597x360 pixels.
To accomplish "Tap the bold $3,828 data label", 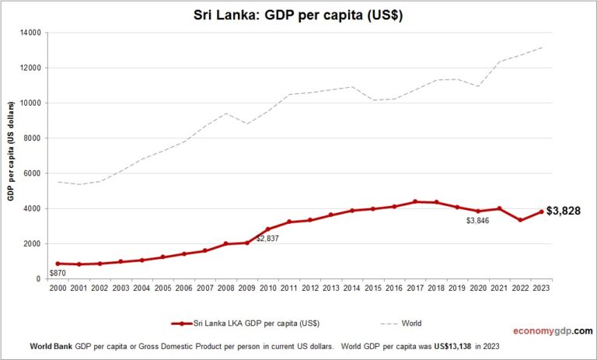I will [x=564, y=211].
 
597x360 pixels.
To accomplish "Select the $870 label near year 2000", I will [x=58, y=273].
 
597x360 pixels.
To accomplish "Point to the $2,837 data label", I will [x=267, y=238].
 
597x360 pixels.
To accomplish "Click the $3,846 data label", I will [x=477, y=221].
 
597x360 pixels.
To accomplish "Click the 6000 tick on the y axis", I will [x=33, y=173].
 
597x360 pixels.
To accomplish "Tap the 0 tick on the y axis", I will [x=39, y=278].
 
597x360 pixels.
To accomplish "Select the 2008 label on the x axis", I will [x=226, y=288].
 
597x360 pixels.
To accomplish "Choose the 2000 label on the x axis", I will [x=58, y=288].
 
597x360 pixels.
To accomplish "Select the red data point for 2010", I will [x=268, y=229].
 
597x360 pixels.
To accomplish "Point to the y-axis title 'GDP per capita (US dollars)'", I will [x=12, y=156].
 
